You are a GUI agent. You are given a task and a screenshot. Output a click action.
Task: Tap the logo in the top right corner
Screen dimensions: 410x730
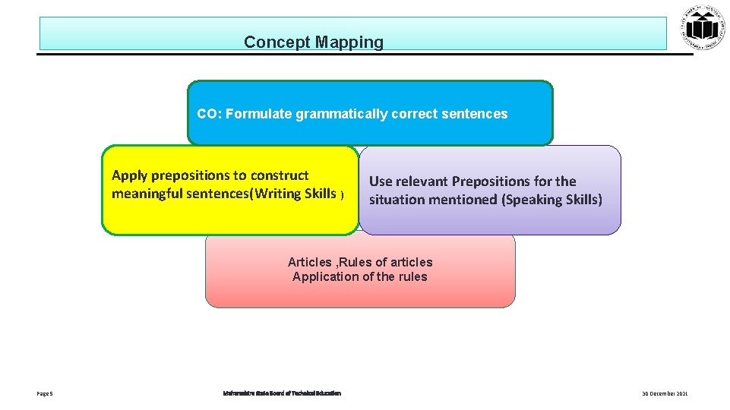coord(704,29)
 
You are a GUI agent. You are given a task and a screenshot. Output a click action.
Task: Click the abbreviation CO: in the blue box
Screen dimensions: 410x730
coord(208,114)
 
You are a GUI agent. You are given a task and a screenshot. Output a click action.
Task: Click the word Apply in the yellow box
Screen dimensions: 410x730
coord(128,175)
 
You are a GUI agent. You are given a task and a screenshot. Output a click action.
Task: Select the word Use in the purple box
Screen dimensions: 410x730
coord(381,181)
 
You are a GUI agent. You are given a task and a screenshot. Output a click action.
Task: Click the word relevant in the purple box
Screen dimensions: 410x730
coord(422,181)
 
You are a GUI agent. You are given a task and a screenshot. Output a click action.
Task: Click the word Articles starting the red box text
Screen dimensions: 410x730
coord(309,262)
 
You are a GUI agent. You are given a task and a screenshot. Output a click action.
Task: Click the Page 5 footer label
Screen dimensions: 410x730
coord(44,393)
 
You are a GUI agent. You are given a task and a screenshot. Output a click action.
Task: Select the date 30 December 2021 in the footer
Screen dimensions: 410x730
coord(665,393)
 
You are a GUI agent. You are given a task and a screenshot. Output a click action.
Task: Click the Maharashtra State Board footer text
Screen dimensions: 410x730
coord(282,393)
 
